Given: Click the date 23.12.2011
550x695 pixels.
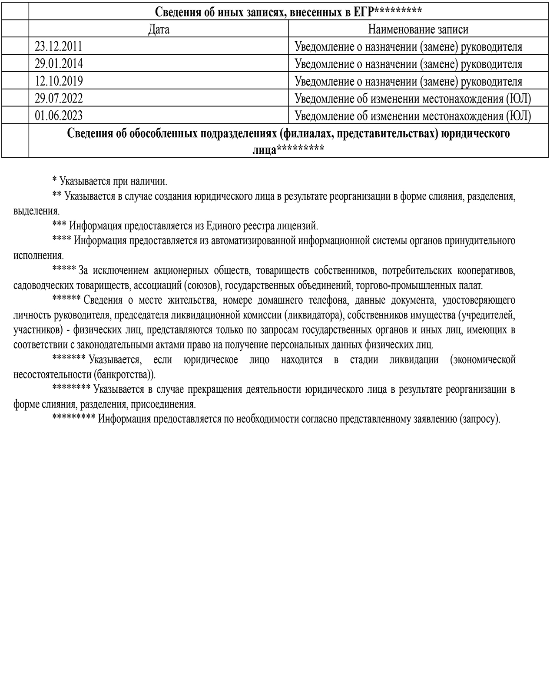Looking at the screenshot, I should pyautogui.click(x=58, y=46).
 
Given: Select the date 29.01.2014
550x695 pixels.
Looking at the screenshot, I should pyautogui.click(x=59, y=64).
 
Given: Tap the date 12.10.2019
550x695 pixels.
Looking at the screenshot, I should pyautogui.click(x=59, y=81).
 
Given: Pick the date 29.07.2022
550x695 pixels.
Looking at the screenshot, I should pyautogui.click(x=59, y=99).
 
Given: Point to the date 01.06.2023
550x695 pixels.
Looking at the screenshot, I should pyautogui.click(x=59, y=116).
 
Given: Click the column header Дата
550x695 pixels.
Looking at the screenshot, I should pyautogui.click(x=159, y=30).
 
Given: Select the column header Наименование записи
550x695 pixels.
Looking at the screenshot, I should pyautogui.click(x=418, y=30).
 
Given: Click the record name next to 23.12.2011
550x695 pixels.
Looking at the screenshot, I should pyautogui.click(x=408, y=47).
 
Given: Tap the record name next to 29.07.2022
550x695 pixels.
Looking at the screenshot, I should pyautogui.click(x=412, y=99).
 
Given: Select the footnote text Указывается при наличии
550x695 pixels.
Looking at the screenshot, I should pyautogui.click(x=113, y=181).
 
